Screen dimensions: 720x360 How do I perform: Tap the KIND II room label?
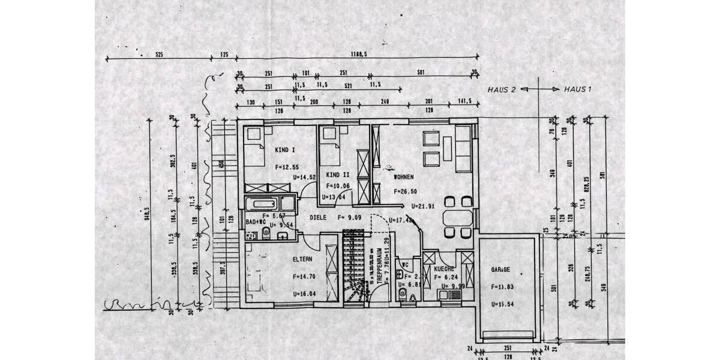(x=338, y=175)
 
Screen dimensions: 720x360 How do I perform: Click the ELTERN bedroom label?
(x=302, y=259)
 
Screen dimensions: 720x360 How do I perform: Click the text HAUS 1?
(x=578, y=89)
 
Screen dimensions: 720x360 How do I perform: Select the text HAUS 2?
(x=502, y=89)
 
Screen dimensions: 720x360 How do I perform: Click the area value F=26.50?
(x=406, y=191)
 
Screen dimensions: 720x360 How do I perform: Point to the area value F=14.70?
(x=304, y=277)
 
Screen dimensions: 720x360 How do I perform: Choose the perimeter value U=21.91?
(x=423, y=206)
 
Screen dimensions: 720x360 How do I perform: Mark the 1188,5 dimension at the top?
(x=359, y=54)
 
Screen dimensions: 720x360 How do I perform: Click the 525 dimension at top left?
(x=159, y=54)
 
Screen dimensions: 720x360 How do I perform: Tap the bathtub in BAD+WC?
(x=268, y=203)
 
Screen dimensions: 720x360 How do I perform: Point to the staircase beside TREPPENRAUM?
(x=354, y=270)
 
